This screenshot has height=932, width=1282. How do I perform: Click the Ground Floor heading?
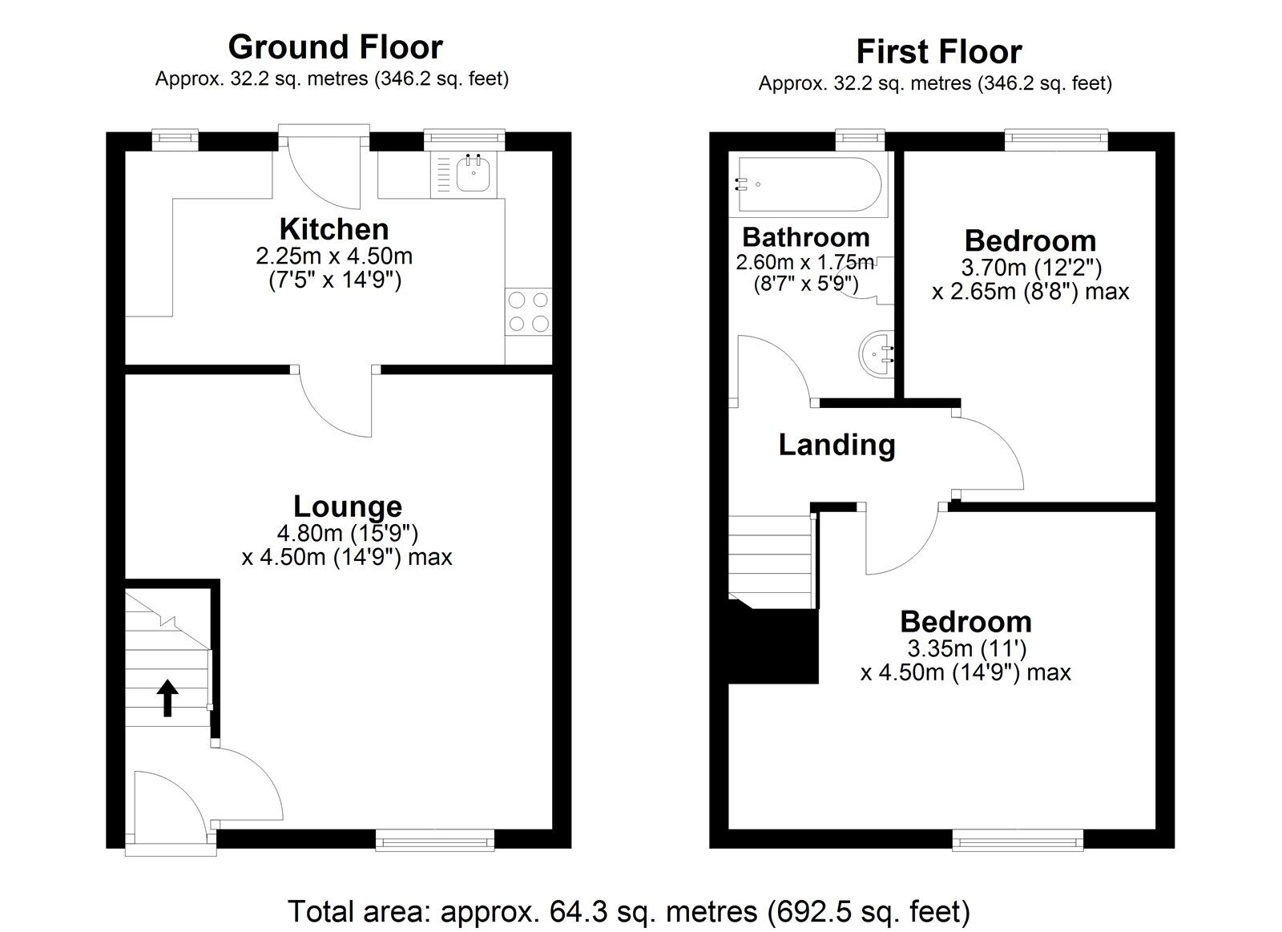[x=335, y=47]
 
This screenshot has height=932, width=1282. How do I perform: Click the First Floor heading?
[x=938, y=52]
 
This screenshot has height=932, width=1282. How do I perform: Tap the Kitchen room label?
[x=334, y=229]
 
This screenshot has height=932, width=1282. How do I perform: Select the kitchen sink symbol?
[x=472, y=175]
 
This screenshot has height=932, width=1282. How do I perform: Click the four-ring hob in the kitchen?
[x=529, y=312]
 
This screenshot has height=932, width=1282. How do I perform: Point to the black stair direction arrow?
[x=167, y=697]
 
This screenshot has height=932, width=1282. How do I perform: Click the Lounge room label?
[x=347, y=506]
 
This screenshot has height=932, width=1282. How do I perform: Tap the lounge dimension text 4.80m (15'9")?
[x=347, y=532]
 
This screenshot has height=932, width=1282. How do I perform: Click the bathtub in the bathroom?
[x=808, y=184]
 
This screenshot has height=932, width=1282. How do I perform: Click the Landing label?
[x=837, y=445]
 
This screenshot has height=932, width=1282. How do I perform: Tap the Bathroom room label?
[x=805, y=237]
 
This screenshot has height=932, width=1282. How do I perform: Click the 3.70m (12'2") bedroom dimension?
[x=1030, y=266]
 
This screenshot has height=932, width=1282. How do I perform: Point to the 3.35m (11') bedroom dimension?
[x=966, y=648]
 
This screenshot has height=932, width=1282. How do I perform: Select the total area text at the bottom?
[x=629, y=911]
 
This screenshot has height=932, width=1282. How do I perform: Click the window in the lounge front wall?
[x=434, y=840]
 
